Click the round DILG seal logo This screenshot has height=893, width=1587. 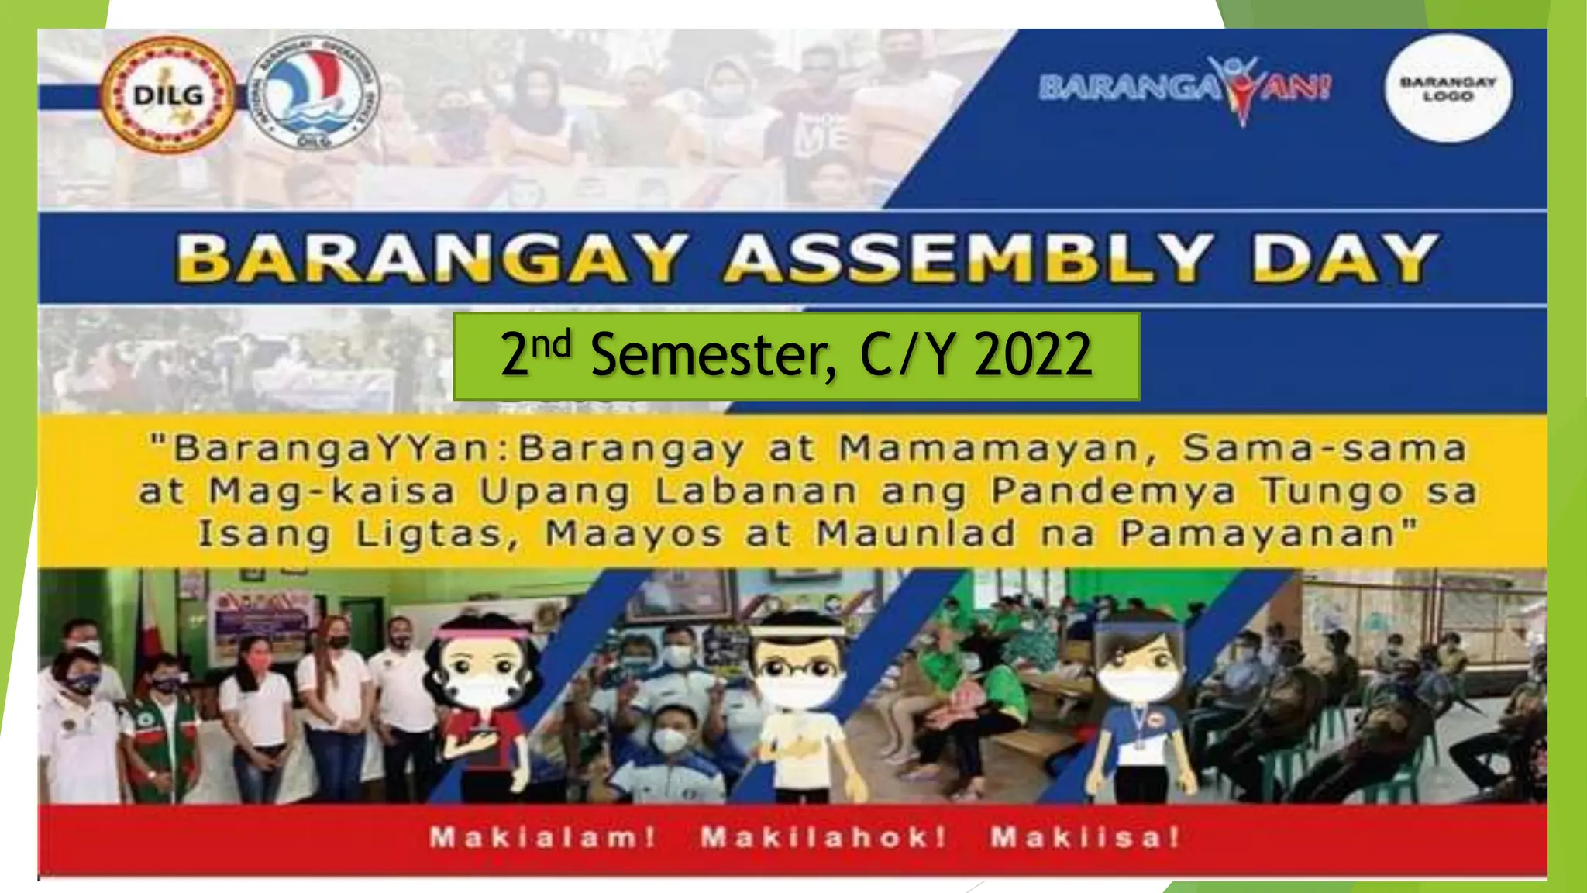point(169,96)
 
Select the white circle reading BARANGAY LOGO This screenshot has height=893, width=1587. point(1448,88)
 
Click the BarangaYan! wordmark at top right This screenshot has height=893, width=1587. point(1186,87)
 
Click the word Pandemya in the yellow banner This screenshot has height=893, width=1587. point(1114,491)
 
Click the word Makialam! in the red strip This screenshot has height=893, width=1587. point(543,837)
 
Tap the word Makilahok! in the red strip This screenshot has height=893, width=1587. point(823,837)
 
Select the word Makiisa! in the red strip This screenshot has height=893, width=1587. point(1085,837)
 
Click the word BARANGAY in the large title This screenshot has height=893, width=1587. point(431,258)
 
